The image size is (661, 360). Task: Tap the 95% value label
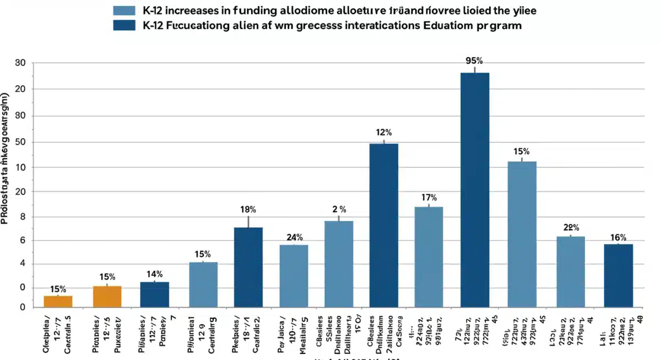point(474,61)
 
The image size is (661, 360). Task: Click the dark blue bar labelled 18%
point(248,267)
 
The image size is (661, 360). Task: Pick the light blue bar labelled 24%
point(294,275)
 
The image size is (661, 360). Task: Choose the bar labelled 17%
point(429,257)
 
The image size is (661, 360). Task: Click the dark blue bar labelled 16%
point(618,275)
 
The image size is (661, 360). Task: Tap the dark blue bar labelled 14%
point(154,294)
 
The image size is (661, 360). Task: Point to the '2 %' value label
point(339,209)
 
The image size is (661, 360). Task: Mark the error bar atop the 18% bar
point(248,221)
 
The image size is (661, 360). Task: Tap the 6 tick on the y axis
point(22,241)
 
